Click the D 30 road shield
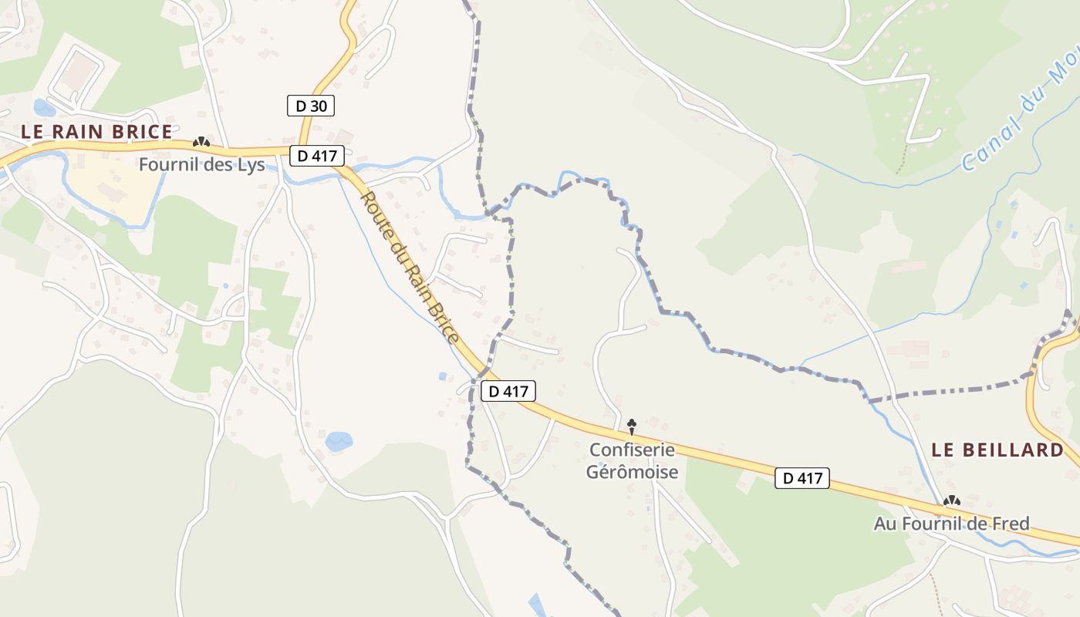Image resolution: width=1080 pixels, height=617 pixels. [x=311, y=106]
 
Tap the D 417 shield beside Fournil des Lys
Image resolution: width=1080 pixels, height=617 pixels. [x=317, y=156]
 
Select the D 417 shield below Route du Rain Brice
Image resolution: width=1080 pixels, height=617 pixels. [x=508, y=391]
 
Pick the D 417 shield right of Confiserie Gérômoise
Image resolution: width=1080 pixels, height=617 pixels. [x=802, y=478]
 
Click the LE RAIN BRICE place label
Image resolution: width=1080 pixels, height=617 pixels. [x=96, y=132]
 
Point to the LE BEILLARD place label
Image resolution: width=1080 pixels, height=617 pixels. [x=997, y=450]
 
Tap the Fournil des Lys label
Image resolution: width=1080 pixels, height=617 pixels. [x=201, y=164]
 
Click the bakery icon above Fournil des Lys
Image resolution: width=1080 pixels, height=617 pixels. [x=201, y=142]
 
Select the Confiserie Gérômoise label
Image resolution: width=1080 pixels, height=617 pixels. [x=632, y=460]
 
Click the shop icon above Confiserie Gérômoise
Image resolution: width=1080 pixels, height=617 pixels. [x=632, y=425]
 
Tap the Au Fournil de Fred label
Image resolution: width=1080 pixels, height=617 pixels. [x=951, y=524]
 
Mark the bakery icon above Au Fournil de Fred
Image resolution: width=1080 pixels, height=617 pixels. [x=952, y=501]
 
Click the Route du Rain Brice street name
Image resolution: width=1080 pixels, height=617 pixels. [x=410, y=267]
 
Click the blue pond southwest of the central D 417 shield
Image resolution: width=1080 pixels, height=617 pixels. [x=339, y=442]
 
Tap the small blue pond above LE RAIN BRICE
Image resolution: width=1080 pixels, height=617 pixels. [x=44, y=107]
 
